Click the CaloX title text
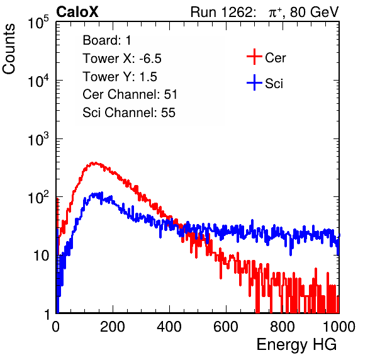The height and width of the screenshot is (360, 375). tap(77, 12)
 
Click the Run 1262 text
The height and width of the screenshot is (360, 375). tap(221, 12)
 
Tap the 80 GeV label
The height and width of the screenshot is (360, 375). tap(314, 12)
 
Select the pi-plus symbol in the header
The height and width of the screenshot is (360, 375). tap(275, 13)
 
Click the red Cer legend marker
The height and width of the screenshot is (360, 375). tap(254, 57)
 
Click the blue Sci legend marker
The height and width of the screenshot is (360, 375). tap(254, 82)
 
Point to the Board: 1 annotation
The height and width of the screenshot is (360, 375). tap(107, 40)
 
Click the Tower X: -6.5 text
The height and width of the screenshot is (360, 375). tap(122, 59)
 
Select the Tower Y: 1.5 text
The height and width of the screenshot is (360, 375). tap(120, 77)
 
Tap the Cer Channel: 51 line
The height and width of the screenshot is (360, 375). tap(130, 94)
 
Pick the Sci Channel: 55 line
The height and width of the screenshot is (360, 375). tap(129, 113)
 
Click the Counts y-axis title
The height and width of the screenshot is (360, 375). tap(9, 49)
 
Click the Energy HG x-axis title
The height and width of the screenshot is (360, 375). tap(296, 345)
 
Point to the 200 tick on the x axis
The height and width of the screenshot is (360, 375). tap(113, 327)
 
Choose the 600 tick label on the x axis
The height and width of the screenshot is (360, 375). tap(226, 327)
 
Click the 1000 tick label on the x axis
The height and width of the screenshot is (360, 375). tap(339, 327)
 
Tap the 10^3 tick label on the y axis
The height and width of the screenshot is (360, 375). tap(38, 139)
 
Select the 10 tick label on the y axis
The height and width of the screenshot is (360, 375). tap(41, 256)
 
